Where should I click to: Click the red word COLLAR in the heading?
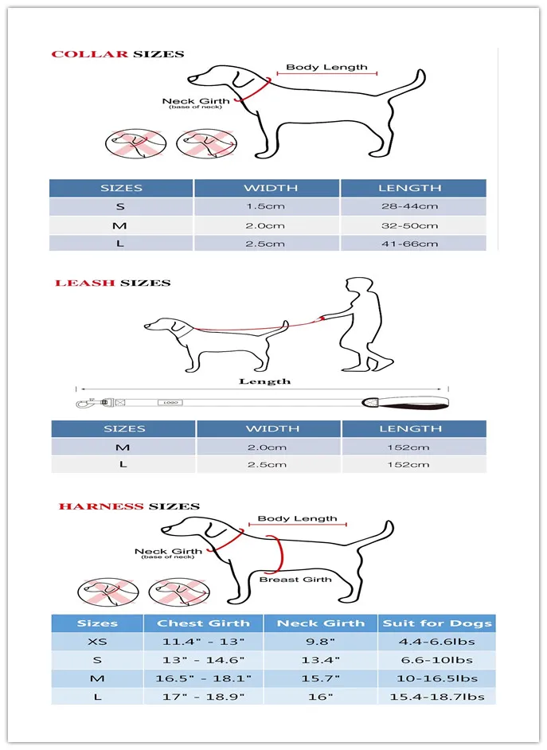[90, 54]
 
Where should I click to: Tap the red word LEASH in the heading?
[85, 283]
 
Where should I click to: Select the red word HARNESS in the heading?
[101, 506]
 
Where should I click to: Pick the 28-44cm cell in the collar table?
[410, 206]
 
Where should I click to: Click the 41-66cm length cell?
[410, 243]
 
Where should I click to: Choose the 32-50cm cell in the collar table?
[410, 225]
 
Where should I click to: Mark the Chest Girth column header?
[203, 623]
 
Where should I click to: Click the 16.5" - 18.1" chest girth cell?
[203, 678]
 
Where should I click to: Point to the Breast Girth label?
[295, 579]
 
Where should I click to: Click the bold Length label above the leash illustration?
[265, 381]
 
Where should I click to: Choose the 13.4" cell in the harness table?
[322, 660]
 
